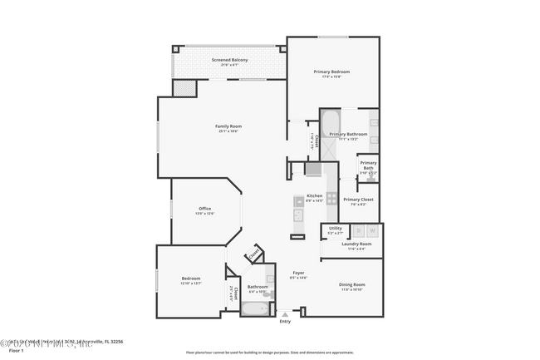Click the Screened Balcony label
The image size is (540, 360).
point(229,60)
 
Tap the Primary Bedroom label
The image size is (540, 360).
point(331,72)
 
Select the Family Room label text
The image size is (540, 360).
point(229,126)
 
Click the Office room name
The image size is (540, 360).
point(204,208)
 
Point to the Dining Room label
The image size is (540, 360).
point(351,284)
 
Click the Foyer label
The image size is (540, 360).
point(297,273)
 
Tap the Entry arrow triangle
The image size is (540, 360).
point(286,314)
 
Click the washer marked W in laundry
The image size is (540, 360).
point(372,230)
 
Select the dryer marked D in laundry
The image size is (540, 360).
point(358,230)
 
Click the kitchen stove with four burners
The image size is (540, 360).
point(331,198)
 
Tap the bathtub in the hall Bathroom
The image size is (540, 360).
point(254,309)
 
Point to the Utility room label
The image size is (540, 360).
point(335,228)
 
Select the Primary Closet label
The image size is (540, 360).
point(358,200)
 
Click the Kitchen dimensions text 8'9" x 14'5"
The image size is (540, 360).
point(314,200)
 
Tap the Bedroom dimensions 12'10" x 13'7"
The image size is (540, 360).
point(192,284)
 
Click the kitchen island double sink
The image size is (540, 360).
point(297,215)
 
